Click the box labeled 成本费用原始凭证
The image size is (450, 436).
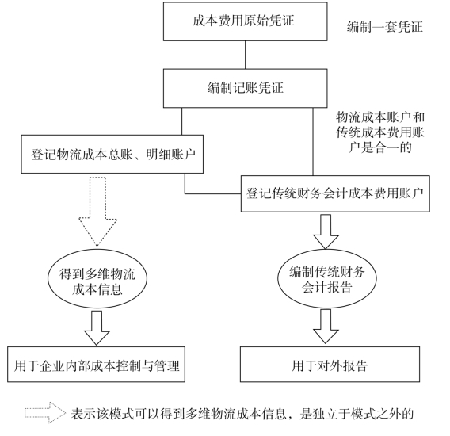[x=246, y=21]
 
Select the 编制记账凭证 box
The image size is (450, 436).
[x=246, y=88]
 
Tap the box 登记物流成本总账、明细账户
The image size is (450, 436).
[x=113, y=155]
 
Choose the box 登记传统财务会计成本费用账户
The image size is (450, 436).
[x=335, y=194]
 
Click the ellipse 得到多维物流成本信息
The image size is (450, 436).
[x=97, y=278]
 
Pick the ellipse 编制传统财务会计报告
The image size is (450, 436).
[x=327, y=278]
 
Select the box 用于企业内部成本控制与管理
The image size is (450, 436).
[x=96, y=364]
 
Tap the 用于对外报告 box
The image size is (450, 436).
[x=330, y=364]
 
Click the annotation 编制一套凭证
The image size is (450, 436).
[x=384, y=27]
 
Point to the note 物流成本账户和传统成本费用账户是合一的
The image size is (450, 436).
[x=380, y=132]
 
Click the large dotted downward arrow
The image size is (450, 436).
[x=98, y=212]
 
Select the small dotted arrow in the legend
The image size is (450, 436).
[x=45, y=413]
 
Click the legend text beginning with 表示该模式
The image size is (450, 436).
[x=242, y=414]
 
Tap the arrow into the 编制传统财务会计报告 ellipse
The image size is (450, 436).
[x=326, y=231]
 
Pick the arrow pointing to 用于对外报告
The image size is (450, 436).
[x=326, y=327]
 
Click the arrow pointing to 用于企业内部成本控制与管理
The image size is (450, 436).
[x=97, y=328]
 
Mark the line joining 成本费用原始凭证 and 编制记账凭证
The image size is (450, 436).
[x=246, y=55]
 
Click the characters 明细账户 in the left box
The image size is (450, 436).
[x=171, y=155]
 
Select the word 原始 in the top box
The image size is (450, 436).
[x=256, y=21]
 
